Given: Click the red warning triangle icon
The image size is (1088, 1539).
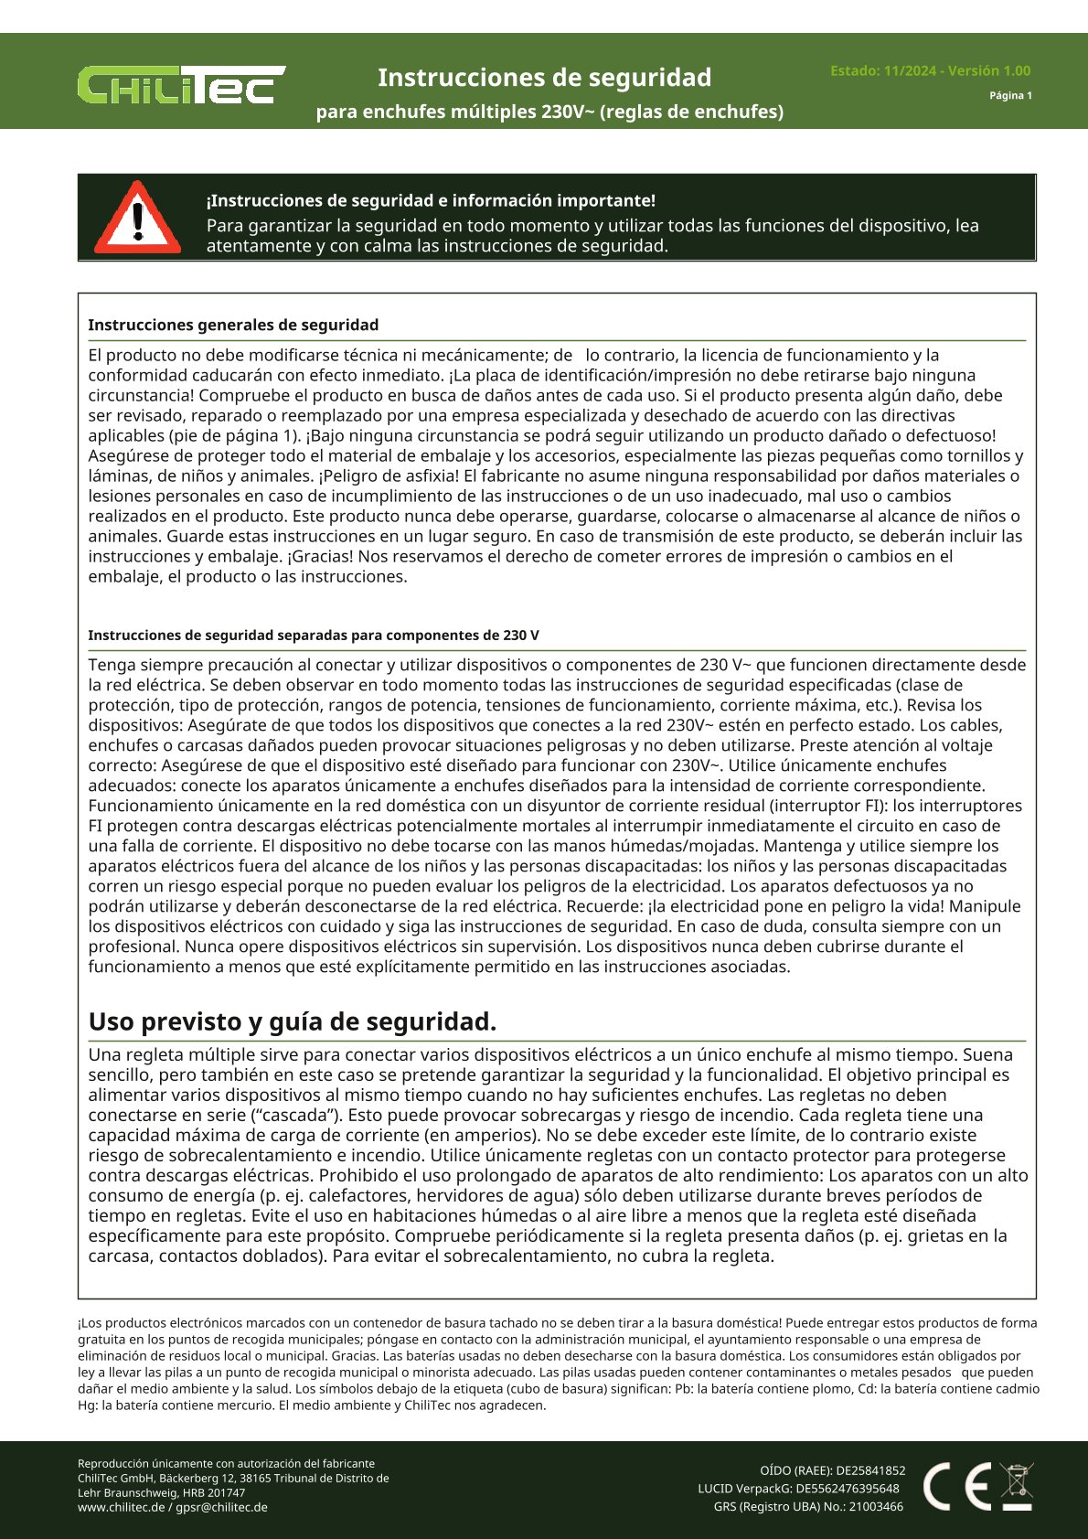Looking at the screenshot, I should [x=137, y=219].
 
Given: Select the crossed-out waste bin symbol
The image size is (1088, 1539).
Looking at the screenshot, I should [x=1017, y=1486].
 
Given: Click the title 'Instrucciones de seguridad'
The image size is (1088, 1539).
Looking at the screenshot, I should [x=544, y=78].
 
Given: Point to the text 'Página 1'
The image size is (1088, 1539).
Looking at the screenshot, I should [x=1010, y=95].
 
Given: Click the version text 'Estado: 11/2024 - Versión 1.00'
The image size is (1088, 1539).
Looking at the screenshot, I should [x=930, y=70].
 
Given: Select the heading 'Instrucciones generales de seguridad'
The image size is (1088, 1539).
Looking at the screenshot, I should [x=233, y=325].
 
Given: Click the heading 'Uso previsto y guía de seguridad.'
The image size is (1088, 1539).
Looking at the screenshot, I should [x=293, y=1021].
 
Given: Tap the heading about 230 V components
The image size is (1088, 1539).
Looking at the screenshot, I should [x=313, y=635].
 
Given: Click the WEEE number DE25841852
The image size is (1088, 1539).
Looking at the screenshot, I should [x=870, y=1470].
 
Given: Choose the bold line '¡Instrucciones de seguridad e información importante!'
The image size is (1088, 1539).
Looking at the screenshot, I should [x=431, y=200].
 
